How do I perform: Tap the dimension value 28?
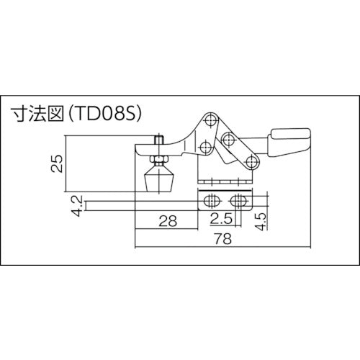167,222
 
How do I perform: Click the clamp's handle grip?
289,137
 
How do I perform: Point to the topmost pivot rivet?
210,117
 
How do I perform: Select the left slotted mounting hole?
212,199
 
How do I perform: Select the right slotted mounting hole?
240,199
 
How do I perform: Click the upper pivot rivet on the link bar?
228,138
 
